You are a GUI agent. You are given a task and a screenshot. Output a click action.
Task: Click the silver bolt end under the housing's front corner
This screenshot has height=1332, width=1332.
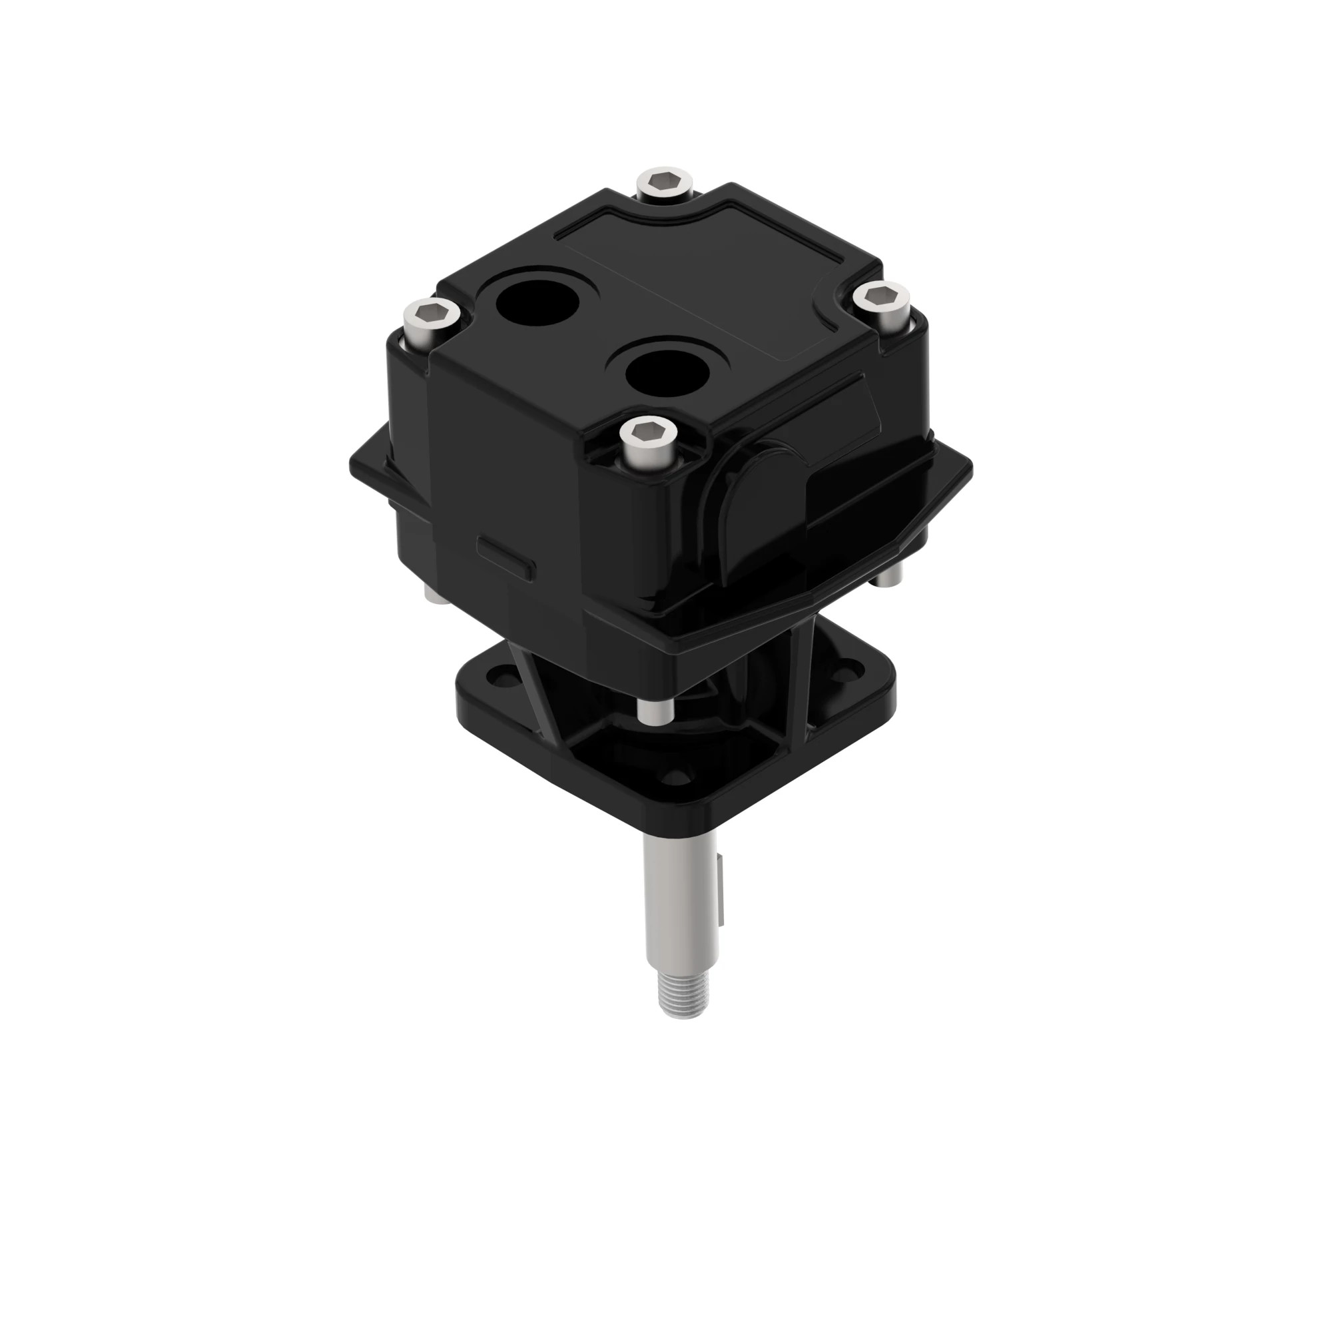click(x=651, y=713)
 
